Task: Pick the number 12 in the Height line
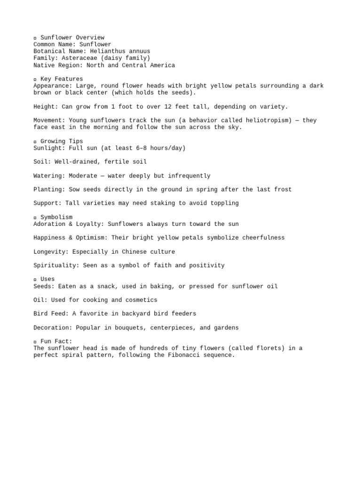175,107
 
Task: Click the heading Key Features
62,79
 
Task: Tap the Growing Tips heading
62,141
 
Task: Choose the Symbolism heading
56,217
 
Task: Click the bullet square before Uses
35,280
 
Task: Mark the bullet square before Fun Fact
35,342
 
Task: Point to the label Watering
49,176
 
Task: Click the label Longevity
51,252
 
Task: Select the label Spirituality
56,265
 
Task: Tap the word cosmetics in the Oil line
140,300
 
